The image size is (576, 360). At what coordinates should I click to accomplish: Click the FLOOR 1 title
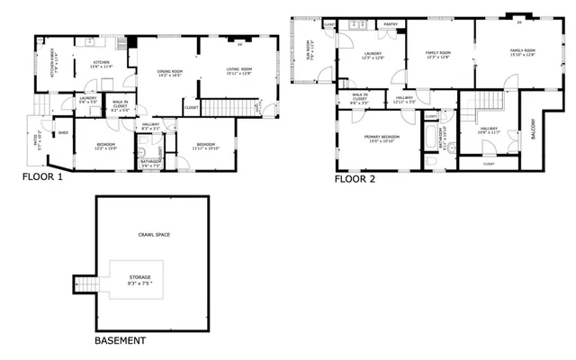click(42, 177)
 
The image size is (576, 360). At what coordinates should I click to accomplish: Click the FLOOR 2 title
click(355, 179)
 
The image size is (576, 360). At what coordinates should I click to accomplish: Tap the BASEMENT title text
click(120, 342)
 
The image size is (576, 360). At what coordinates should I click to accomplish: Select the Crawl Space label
click(153, 235)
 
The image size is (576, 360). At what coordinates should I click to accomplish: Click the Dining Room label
click(170, 73)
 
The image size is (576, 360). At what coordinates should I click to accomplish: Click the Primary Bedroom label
click(380, 138)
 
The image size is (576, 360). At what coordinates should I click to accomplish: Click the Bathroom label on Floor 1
click(150, 163)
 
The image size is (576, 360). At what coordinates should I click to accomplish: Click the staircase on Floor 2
click(486, 100)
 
